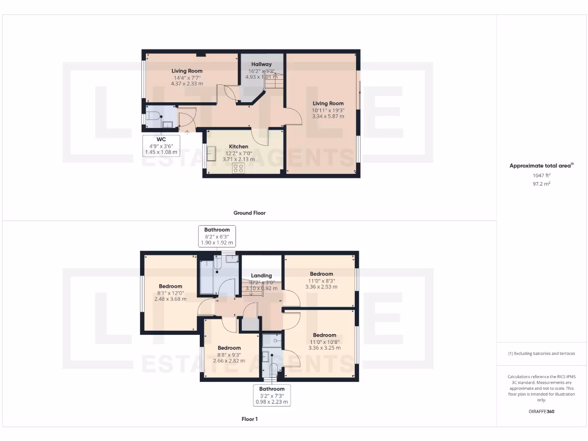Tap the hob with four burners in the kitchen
pos(238,168)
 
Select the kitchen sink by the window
pos(211,154)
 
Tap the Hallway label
pos(261,64)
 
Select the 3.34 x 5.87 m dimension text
pos(328,116)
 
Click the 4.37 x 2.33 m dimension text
pos(187,84)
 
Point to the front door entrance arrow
pos(187,132)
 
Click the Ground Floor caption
pos(249,213)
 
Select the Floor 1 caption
pos(249,419)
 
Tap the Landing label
pos(261,276)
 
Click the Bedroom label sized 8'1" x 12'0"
pos(171,287)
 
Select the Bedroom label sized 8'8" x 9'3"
pos(229,348)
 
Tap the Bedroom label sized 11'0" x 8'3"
pos(321,274)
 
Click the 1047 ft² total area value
pos(541,176)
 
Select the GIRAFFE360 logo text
pos(541,411)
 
